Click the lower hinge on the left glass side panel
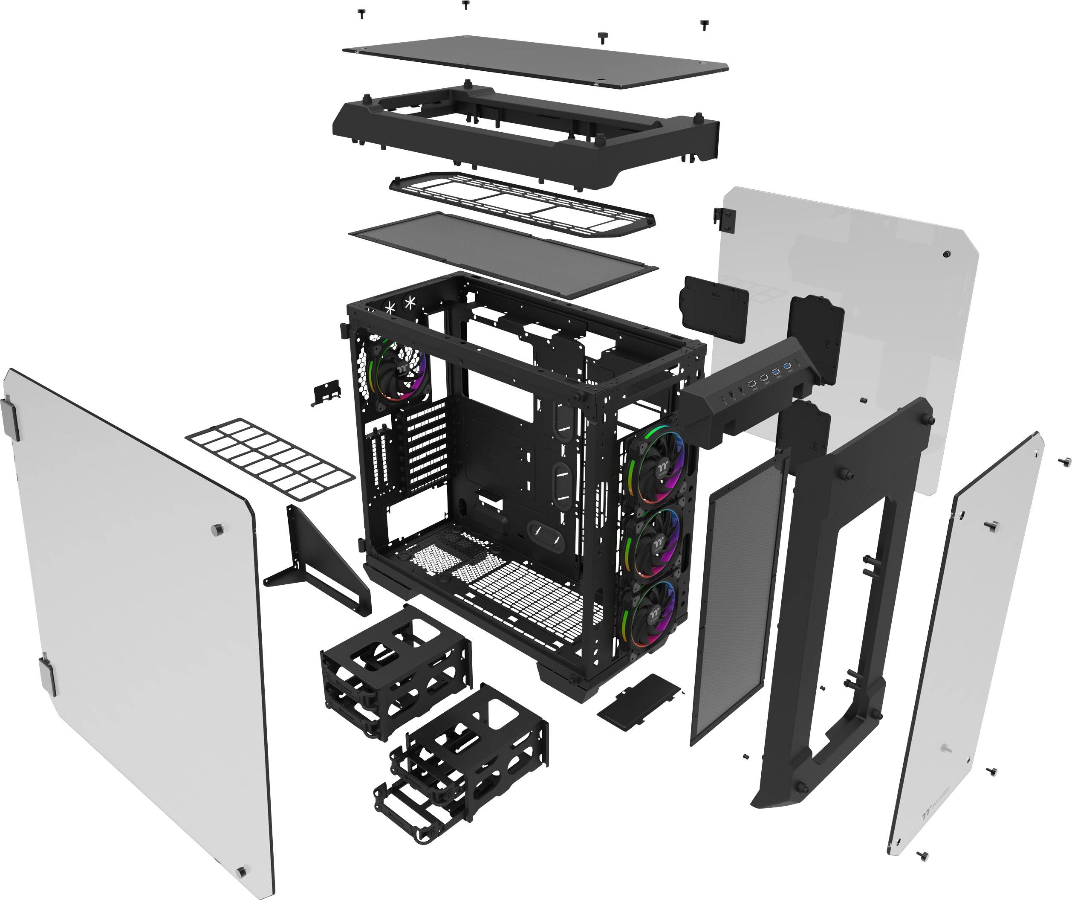tap(48, 674)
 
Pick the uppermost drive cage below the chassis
tap(396, 669)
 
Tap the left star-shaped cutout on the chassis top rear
tap(390, 308)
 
